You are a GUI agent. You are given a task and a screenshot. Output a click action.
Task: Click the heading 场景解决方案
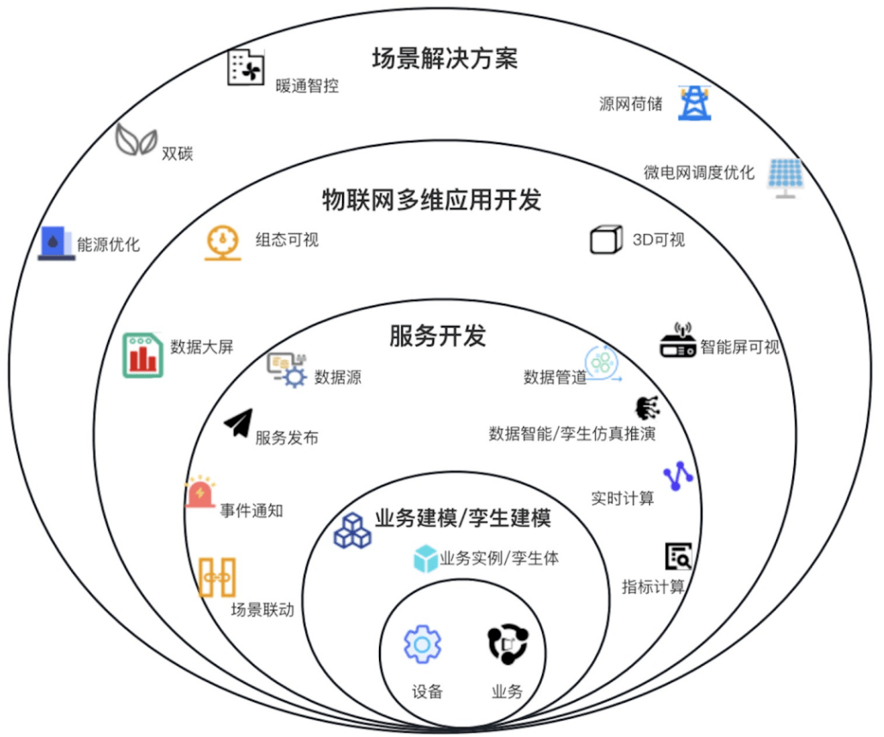point(444,58)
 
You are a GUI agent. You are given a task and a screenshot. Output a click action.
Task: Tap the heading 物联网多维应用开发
point(431,199)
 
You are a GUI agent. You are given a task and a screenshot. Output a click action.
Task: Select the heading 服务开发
point(437,335)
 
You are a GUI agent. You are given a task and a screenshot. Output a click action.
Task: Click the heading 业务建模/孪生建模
point(462,518)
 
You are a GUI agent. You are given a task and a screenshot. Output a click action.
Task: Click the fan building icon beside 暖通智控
point(245,68)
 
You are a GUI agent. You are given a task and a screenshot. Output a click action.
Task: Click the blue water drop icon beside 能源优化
point(57,243)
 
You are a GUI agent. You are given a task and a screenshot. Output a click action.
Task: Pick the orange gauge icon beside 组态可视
point(223,242)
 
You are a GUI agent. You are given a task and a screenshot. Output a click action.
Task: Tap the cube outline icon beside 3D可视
point(606,239)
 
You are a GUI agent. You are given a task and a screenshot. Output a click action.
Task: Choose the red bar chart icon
point(142,355)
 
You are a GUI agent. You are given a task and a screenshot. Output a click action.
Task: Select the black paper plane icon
point(238,422)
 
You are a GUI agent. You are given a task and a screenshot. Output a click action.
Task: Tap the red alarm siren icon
point(201,492)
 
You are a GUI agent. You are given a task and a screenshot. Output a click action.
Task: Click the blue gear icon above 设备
point(423,644)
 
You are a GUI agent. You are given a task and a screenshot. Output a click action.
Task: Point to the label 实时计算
point(622,498)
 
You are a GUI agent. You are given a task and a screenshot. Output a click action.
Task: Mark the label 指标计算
point(653,587)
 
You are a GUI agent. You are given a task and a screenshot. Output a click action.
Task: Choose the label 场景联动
point(262,610)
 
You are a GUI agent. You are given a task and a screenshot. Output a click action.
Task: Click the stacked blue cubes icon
point(352,530)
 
